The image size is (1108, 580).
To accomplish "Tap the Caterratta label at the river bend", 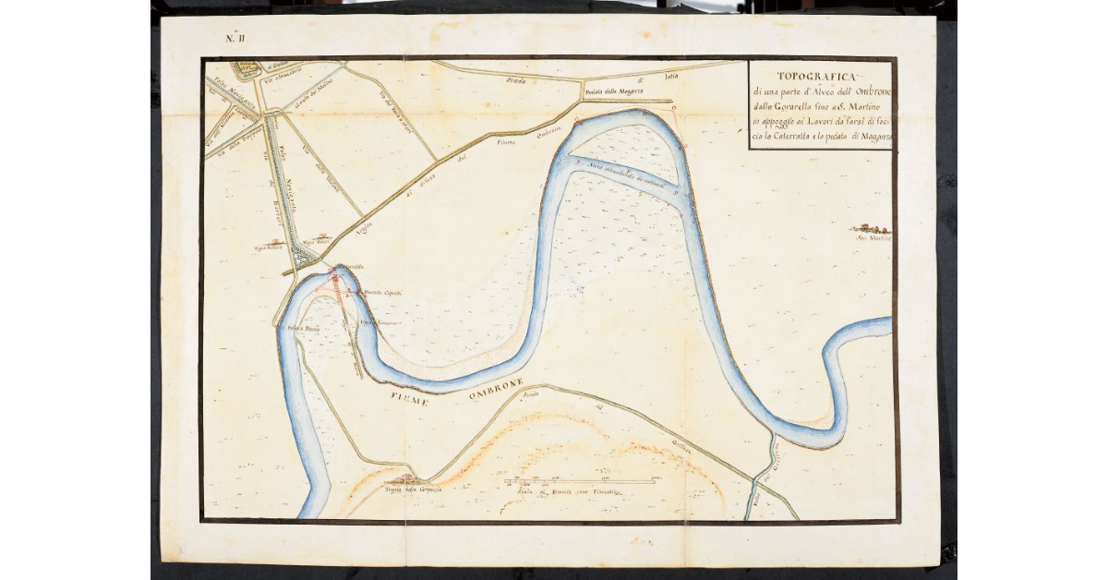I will pos(355,268).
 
